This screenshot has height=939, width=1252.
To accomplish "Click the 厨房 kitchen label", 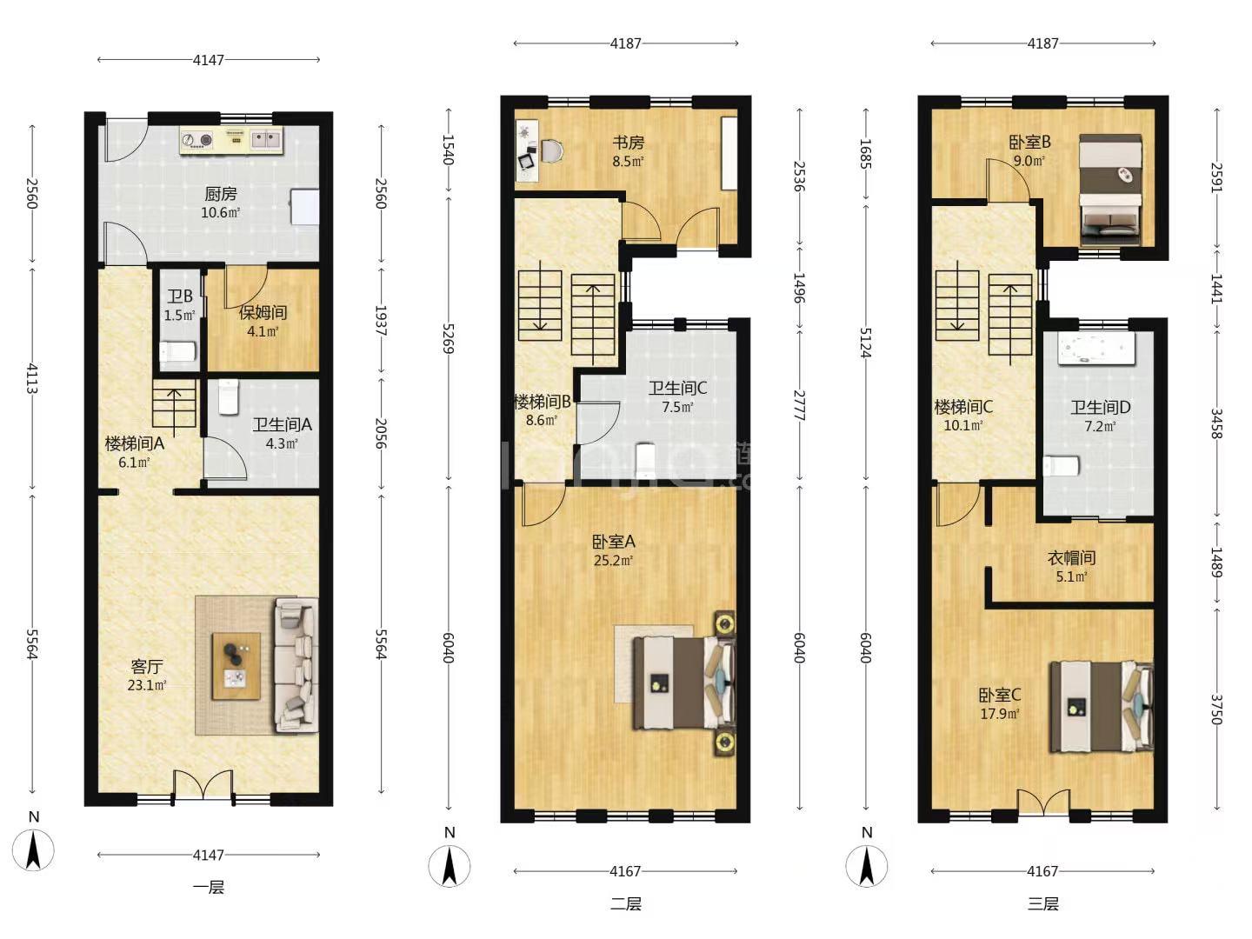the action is tap(220, 194).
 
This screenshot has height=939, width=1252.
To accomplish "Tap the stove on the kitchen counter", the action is tap(197, 139).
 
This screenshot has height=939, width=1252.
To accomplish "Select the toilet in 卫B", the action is tap(178, 351).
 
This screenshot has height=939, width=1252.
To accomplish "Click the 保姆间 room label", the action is tap(263, 312).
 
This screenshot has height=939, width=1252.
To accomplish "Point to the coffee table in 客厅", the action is tap(236, 665).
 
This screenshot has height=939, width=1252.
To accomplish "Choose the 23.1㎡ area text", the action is tap(147, 685).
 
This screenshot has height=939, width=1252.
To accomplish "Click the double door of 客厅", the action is tap(203, 787).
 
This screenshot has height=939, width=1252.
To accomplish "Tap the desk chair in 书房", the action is tap(551, 151).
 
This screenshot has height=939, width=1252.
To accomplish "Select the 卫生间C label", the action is tap(677, 389).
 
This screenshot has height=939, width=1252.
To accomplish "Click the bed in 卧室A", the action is tap(684, 683).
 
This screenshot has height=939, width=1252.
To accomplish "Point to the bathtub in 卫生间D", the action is tap(1096, 347).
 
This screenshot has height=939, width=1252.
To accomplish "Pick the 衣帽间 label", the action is tap(1071, 557).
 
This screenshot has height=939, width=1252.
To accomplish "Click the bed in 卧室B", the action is tap(1110, 190).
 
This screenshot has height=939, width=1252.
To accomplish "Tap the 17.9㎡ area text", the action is tap(999, 714).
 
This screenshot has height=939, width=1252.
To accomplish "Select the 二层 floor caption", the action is tap(626, 903).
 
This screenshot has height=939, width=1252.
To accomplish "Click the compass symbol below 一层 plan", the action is tap(33, 849).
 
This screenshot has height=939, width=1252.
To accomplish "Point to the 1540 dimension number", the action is tap(449, 150).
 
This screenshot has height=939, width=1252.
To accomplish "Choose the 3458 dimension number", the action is tap(1216, 423).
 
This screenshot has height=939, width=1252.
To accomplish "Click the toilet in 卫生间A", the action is tap(228, 396).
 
